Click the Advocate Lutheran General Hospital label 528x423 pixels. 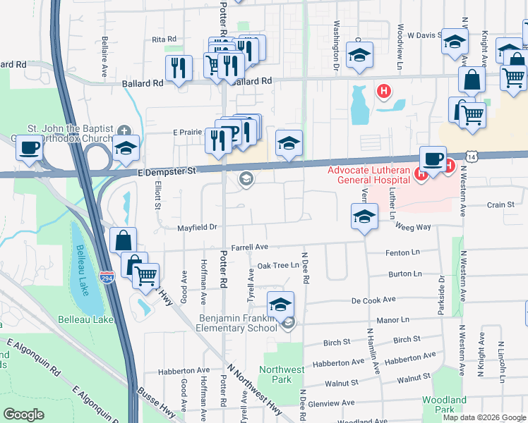(367, 175)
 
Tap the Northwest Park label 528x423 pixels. (282, 374)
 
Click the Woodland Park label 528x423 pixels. (444, 405)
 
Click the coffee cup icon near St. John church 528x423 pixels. (29, 149)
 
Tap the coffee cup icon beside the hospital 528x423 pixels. (432, 158)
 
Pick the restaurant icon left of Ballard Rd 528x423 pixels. (178, 68)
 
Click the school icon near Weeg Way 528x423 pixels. (364, 216)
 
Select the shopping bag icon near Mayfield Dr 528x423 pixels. (124, 240)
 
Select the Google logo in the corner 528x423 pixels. (23, 415)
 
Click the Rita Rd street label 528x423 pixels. (162, 39)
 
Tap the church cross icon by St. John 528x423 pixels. (124, 130)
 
